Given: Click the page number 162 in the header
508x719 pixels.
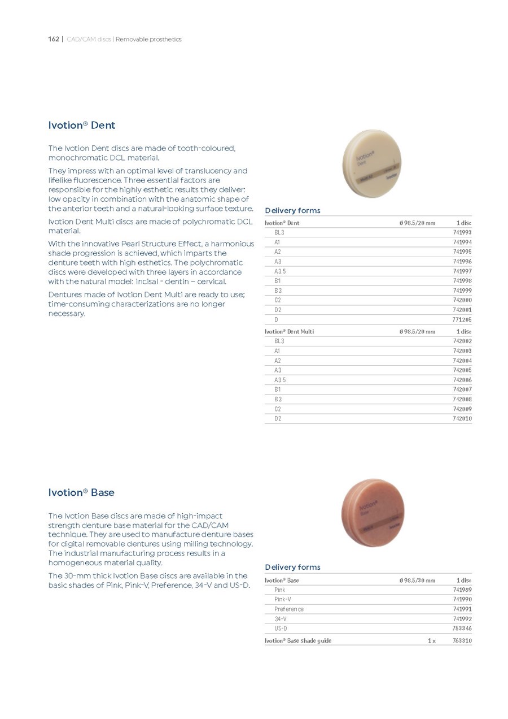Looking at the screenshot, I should pos(54,40).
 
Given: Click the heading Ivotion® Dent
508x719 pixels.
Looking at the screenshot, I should pos(82,125).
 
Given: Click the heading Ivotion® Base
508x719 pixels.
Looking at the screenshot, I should pos(81,492).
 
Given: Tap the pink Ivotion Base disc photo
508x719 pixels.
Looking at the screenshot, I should pos(373,513).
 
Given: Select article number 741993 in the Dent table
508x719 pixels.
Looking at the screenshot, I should pos(462,232).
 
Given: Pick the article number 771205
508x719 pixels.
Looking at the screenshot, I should pos(462,320).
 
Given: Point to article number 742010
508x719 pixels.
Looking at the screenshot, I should pos(462,419).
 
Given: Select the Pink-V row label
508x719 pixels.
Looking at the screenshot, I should pos(283,599).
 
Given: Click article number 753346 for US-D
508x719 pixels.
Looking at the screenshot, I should pos(462,629).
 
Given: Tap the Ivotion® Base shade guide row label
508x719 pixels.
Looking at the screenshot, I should pos(298,641).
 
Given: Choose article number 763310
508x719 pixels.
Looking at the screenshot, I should pos(462,641).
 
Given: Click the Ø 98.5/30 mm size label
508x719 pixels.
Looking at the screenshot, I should pos(417,581).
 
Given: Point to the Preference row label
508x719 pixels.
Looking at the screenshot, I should pos(288,609).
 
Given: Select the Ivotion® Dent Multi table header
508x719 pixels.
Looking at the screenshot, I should pos(290,332).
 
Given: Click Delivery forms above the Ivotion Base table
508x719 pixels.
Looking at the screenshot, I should pos(292,567).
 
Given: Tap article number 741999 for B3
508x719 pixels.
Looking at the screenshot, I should pos(462,291).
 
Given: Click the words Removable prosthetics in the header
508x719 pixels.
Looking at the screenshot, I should pos(148,40).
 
